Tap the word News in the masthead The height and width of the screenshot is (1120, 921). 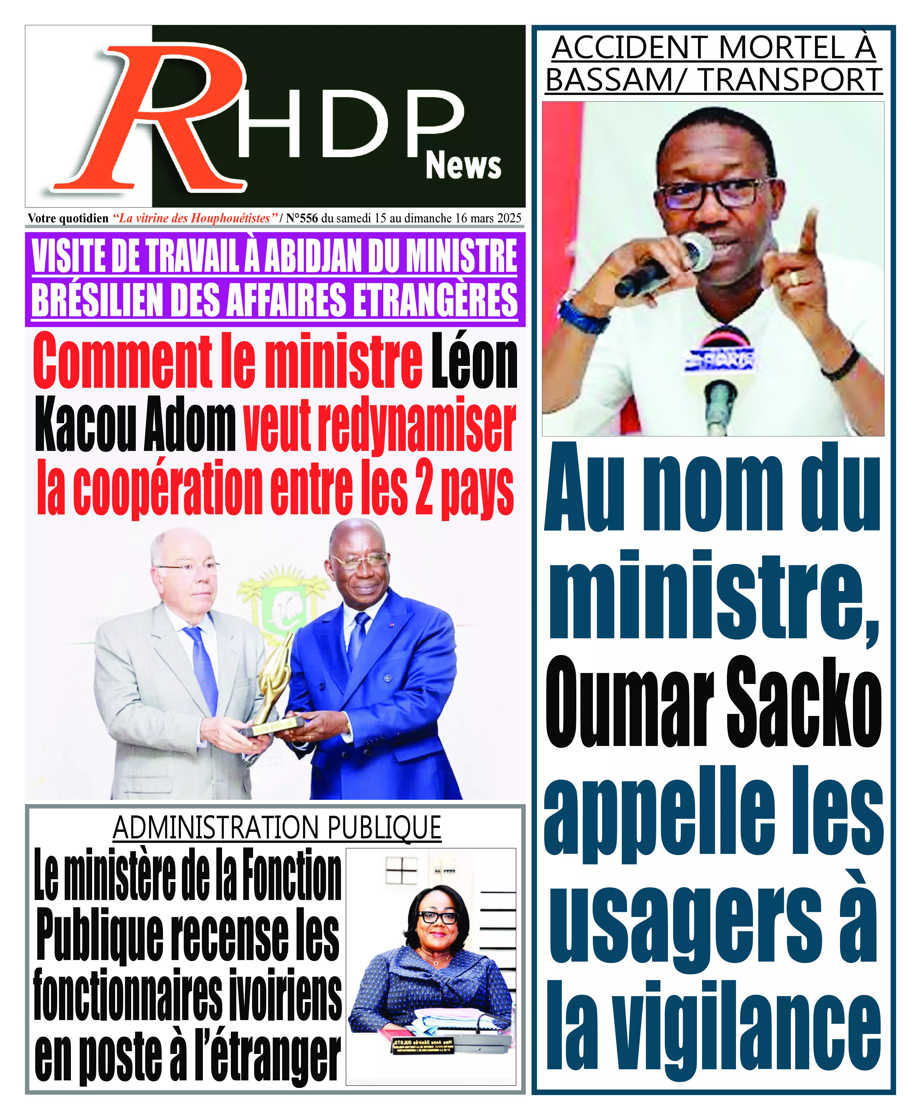point(463,166)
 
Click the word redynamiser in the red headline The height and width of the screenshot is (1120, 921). point(379,426)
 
